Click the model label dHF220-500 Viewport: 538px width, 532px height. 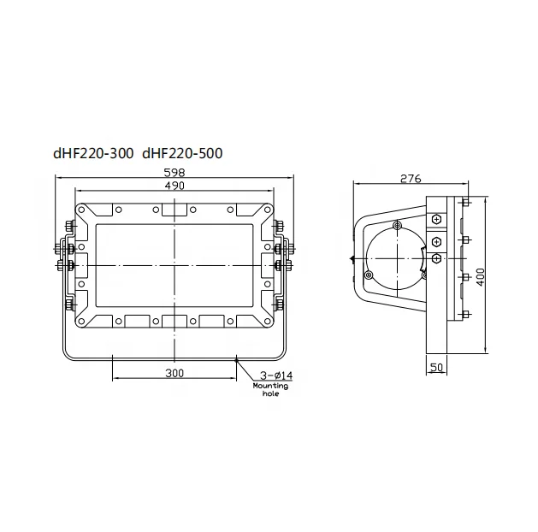pos(181,156)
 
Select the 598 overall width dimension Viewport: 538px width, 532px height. pos(174,172)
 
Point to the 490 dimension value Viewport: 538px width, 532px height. pos(174,186)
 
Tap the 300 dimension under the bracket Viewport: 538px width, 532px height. pos(174,373)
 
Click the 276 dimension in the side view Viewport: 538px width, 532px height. pos(411,179)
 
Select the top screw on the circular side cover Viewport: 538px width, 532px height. pos(396,226)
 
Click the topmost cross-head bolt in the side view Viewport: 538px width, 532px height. pos(437,220)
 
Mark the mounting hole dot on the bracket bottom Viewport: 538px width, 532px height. pos(237,359)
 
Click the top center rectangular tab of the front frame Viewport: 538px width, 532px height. pos(174,211)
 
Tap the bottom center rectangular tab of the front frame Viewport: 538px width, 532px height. pos(174,321)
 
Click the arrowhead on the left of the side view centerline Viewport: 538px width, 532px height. pos(352,257)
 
